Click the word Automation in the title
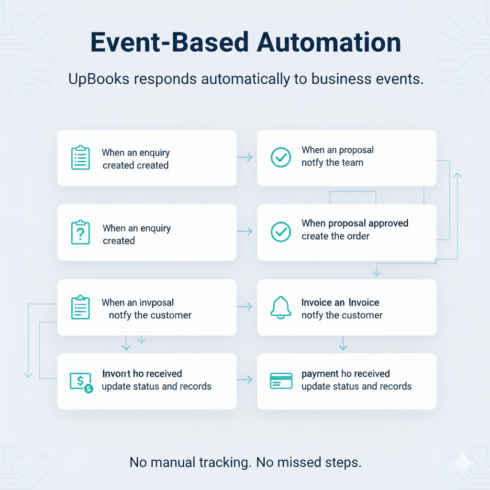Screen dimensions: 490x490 coord(329,43)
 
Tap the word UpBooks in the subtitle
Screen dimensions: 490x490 coord(99,78)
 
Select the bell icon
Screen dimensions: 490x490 coord(281,307)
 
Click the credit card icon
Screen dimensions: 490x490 coord(281,381)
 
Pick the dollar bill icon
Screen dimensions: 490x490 coord(81,382)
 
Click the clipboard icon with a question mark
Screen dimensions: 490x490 coord(80,233)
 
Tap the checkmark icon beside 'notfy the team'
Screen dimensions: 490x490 coord(281,157)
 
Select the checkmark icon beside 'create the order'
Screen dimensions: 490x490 coord(281,232)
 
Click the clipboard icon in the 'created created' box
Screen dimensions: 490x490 coord(80,157)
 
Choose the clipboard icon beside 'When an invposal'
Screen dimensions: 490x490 coord(80,307)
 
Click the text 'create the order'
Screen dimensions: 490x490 coord(335,236)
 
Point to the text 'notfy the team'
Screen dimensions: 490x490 coord(332,163)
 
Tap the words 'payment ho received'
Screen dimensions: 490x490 coord(345,374)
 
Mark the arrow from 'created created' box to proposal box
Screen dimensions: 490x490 coord(245,157)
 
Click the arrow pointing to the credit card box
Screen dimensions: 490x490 coord(245,380)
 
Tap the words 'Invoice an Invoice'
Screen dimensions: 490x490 coord(340,302)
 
